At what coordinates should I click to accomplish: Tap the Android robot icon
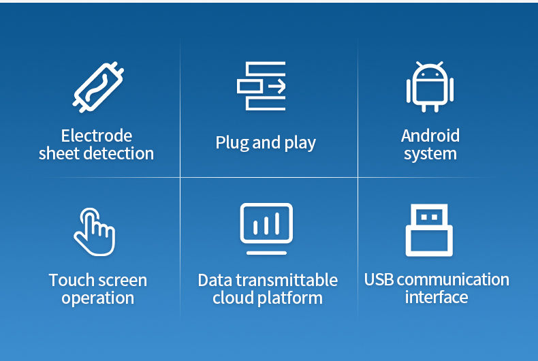[430, 87]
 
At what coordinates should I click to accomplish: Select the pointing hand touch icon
[95, 232]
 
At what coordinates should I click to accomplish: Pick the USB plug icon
[429, 230]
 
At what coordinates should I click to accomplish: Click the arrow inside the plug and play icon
[277, 86]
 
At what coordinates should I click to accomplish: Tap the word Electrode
[97, 136]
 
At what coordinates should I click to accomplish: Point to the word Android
[430, 136]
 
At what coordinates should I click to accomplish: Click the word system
[430, 154]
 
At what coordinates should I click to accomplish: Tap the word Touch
[72, 280]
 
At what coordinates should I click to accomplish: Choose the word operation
[98, 298]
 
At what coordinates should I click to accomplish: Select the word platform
[290, 298]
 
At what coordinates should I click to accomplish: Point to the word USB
[379, 279]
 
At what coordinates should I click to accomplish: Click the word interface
[437, 297]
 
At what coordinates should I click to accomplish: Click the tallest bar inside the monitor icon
[277, 223]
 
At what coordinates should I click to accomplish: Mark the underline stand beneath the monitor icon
[266, 253]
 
